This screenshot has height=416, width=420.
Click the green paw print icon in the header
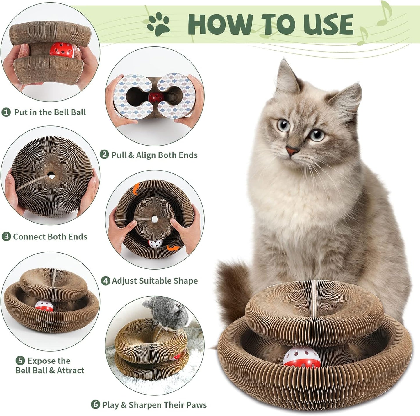coord(158,24)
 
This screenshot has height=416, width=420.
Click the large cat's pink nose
coord(292,150)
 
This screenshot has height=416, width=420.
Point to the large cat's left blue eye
coord(283,125)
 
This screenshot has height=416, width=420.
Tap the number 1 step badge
coord(6,112)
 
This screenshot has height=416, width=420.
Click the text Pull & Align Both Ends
coord(154,155)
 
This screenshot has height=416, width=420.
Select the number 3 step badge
coord(6,237)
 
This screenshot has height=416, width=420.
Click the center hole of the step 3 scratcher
coord(51,176)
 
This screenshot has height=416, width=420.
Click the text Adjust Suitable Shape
coord(155,281)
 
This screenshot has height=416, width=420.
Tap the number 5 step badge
coord(20,361)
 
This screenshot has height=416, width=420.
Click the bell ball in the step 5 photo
coord(44,306)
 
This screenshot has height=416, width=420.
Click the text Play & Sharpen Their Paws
coord(154,405)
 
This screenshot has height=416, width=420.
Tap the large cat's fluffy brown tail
coord(233,291)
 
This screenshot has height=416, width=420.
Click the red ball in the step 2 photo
coord(155,97)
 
